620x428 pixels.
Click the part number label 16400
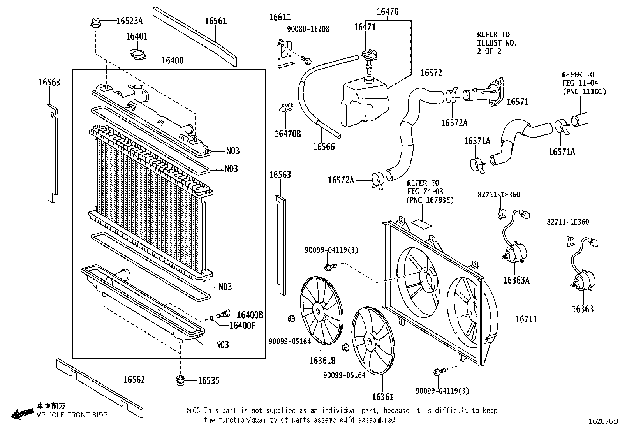click(x=173, y=61)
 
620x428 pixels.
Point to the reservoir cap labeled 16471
click(x=367, y=55)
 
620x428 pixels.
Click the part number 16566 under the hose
click(x=324, y=147)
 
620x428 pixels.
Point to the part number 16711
click(x=526, y=320)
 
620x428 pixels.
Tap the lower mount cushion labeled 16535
click(x=180, y=380)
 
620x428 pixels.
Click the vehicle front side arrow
click(x=23, y=414)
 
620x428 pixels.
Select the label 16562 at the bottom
click(x=134, y=379)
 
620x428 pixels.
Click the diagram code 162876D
click(x=603, y=421)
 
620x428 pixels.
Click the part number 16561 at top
click(x=216, y=21)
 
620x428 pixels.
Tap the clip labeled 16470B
click(x=287, y=108)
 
